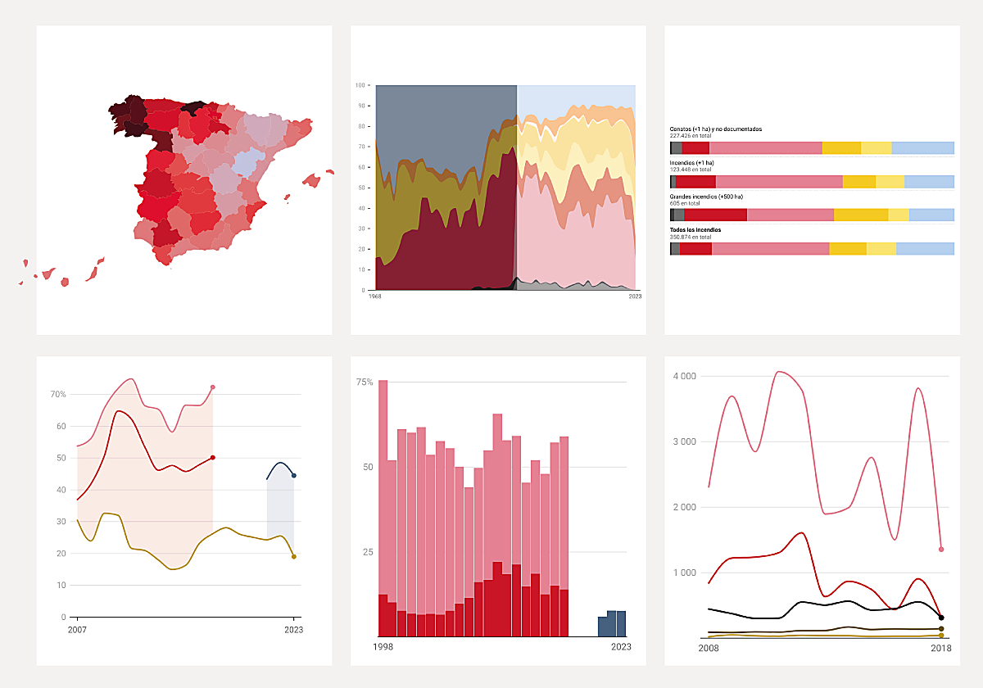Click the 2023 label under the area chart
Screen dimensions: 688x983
pos(635,296)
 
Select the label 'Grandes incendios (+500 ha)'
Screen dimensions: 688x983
pos(705,197)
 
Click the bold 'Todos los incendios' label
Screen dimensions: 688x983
pos(695,230)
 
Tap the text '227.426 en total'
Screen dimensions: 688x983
pos(691,135)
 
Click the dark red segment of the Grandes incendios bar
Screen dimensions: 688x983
pos(715,215)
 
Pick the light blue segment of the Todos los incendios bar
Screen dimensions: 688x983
pos(925,249)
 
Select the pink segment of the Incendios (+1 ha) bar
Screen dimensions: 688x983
pos(778,182)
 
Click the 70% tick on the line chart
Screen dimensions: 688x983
pos(58,395)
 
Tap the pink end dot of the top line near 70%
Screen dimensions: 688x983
pos(213,387)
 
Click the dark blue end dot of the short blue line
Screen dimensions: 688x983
pos(294,476)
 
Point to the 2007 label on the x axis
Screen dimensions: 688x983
pos(77,630)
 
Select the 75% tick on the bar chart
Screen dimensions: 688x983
pos(365,382)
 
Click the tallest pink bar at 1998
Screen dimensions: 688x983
pos(383,491)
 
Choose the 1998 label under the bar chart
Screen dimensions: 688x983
pos(383,647)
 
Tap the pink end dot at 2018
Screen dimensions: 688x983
pos(941,550)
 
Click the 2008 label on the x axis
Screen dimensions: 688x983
pos(709,649)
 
